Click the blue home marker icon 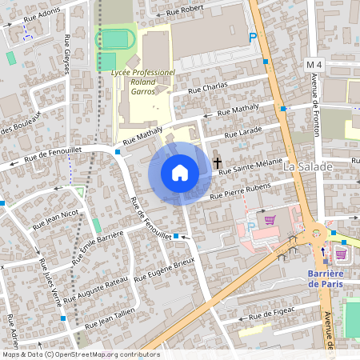point(179,173)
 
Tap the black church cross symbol point(217,162)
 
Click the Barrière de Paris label point(330,279)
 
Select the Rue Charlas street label point(208,88)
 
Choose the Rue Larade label point(243,131)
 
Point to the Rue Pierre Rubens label point(240,190)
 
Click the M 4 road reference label point(314,63)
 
